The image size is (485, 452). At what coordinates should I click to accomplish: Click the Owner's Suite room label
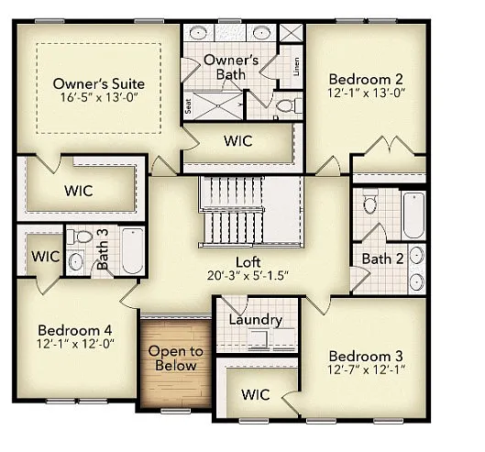(98, 83)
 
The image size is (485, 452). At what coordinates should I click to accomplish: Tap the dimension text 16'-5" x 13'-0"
(98, 97)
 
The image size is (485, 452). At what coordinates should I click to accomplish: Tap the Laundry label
(254, 320)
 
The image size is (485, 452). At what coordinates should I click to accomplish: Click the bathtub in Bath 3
(133, 251)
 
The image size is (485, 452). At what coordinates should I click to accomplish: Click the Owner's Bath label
(230, 67)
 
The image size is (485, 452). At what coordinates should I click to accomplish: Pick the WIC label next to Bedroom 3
(254, 394)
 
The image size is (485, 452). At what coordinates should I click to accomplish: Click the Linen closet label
(295, 67)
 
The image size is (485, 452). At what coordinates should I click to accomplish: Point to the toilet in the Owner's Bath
(286, 106)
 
